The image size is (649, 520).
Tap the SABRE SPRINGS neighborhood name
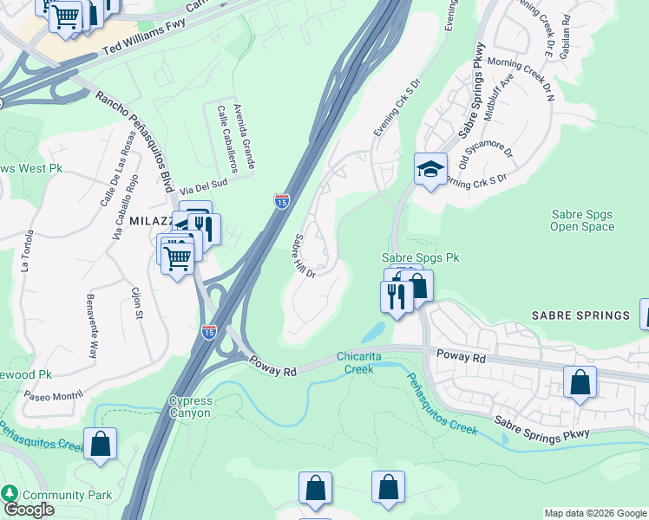(x=577, y=315)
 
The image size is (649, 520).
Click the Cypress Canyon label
(x=189, y=406)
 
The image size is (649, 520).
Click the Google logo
(x=28, y=510)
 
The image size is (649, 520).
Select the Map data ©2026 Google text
(x=595, y=513)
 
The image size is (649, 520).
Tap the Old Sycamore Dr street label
(x=487, y=157)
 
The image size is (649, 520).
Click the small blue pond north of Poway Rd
(x=373, y=331)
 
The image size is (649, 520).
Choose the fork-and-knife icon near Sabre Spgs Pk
(x=396, y=296)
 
